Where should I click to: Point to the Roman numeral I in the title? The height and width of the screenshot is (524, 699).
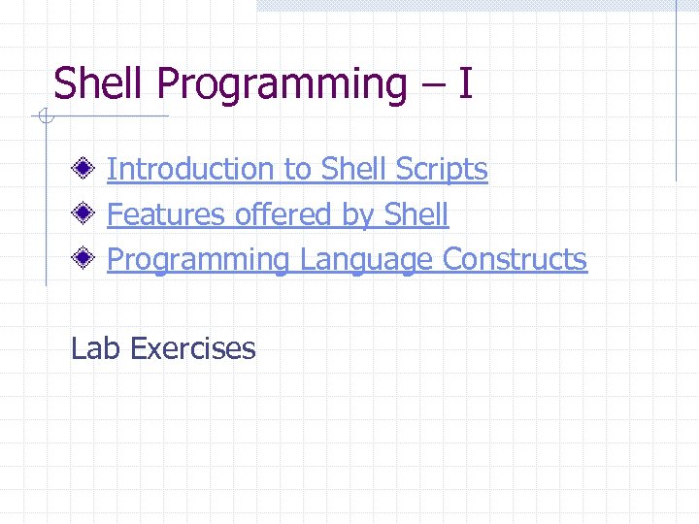[x=466, y=83]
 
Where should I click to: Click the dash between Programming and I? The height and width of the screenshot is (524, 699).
[x=434, y=85]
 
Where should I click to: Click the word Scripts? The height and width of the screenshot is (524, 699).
[x=442, y=170]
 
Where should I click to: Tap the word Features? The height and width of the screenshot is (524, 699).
[x=167, y=214]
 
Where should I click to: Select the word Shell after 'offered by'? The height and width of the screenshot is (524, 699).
[x=416, y=214]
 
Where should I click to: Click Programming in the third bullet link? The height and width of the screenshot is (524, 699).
[x=198, y=261]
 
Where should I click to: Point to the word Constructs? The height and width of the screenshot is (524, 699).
[x=515, y=260]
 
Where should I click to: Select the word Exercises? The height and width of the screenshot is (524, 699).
[x=191, y=348]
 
